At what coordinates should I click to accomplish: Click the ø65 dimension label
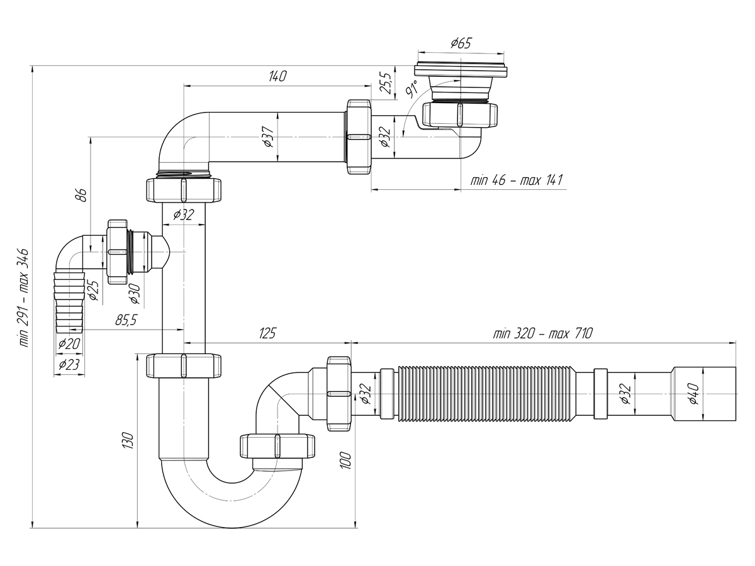pyautogui.click(x=461, y=43)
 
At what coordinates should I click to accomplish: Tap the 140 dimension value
pyautogui.click(x=277, y=76)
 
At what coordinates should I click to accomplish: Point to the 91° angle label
pyautogui.click(x=411, y=88)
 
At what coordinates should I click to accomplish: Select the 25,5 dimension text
pyautogui.click(x=386, y=83)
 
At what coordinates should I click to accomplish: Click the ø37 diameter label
pyautogui.click(x=269, y=136)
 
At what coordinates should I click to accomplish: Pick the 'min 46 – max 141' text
pyautogui.click(x=517, y=180)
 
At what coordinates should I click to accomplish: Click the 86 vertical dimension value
pyautogui.click(x=82, y=195)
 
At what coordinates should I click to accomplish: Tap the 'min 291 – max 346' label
pyautogui.click(x=23, y=297)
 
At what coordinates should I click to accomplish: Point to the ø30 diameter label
pyautogui.click(x=135, y=294)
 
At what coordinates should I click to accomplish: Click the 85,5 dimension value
pyautogui.click(x=126, y=320)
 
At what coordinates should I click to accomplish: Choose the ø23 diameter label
pyautogui.click(x=69, y=364)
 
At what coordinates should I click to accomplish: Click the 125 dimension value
pyautogui.click(x=267, y=333)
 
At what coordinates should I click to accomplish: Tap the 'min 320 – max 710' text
pyautogui.click(x=543, y=333)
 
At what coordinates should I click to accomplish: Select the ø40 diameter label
pyautogui.click(x=694, y=394)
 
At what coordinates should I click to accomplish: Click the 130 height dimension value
pyautogui.click(x=128, y=441)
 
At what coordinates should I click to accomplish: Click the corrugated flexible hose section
pyautogui.click(x=487, y=394)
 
